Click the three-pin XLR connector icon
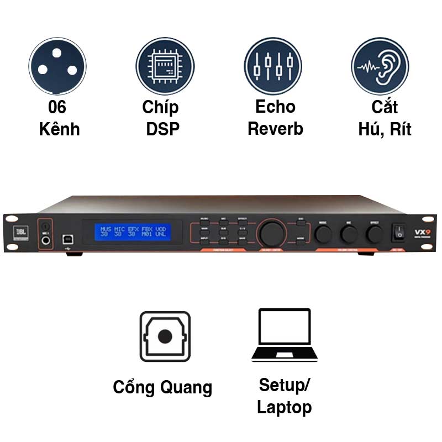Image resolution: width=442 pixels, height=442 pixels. tap(57, 65)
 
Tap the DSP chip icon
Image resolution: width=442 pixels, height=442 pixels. tap(165, 65)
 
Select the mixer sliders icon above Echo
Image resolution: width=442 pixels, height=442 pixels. tap(272, 65)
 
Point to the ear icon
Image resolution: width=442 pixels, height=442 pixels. tap(380, 65)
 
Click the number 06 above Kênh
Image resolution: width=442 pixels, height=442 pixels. tap(57, 107)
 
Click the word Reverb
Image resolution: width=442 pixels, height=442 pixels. tap(275, 129)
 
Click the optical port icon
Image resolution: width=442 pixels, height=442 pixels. tap(165, 336)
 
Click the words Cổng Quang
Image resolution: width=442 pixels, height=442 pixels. tap(162, 387)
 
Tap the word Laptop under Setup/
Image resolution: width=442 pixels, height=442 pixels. tap(285, 408)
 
